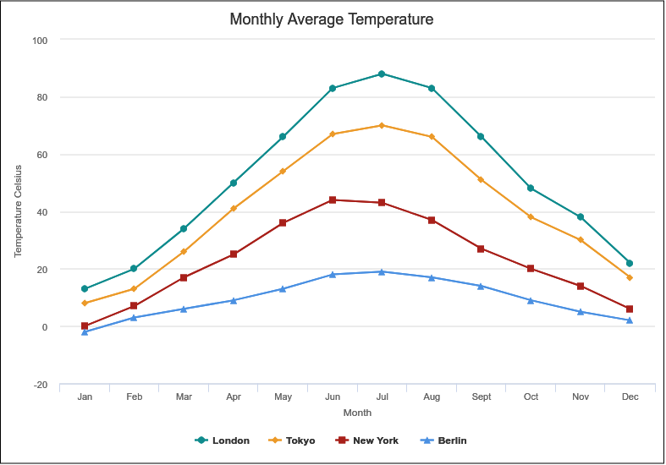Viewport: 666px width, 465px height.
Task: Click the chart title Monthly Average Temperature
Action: pos(331,19)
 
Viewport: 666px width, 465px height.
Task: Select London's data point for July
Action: pos(382,74)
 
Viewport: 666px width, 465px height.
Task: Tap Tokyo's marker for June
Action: pos(333,134)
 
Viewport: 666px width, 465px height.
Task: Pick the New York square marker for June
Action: pos(333,200)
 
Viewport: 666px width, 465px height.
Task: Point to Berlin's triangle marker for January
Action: pos(85,331)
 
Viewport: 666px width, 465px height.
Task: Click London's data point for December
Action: pos(629,263)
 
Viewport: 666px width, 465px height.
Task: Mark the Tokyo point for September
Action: pos(481,180)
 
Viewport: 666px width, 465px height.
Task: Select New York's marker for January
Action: pos(85,325)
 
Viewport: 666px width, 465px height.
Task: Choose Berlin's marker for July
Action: pos(382,271)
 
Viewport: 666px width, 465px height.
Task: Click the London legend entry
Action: pos(223,440)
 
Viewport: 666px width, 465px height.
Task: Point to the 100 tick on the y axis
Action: pos(41,41)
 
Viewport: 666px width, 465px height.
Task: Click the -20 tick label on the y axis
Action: pos(41,385)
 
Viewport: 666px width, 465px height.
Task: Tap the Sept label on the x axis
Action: pos(481,397)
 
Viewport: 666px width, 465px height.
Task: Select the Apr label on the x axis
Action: pos(234,397)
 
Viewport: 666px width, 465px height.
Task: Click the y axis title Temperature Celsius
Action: pos(18,211)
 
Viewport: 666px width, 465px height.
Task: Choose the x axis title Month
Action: pos(356,413)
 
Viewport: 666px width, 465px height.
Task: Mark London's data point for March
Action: pos(184,228)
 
